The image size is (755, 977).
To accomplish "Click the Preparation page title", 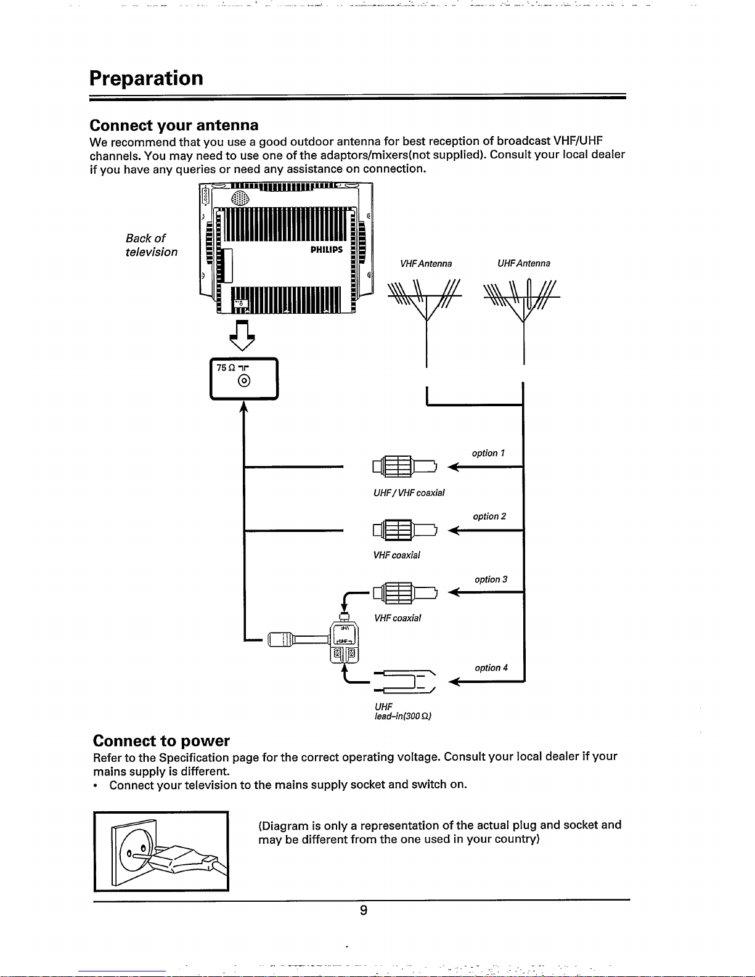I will pyautogui.click(x=146, y=78).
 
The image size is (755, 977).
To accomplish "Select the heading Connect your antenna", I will pyautogui.click(x=174, y=125).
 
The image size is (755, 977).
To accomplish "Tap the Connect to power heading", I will pyautogui.click(x=161, y=740).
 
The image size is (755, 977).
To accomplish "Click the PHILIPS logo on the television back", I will pyautogui.click(x=326, y=250).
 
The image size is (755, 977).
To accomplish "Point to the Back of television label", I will pyautogui.click(x=151, y=245).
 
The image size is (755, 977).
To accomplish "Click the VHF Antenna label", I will pyautogui.click(x=426, y=264).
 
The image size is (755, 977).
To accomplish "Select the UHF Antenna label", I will pyautogui.click(x=523, y=264).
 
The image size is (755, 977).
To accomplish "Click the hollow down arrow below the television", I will pyautogui.click(x=242, y=337).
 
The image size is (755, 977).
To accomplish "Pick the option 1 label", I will pyautogui.click(x=488, y=453).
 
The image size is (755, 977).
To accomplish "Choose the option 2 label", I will pyautogui.click(x=489, y=517).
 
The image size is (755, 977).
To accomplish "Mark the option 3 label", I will pyautogui.click(x=491, y=579).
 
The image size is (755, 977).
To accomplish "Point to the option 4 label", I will pyautogui.click(x=491, y=668).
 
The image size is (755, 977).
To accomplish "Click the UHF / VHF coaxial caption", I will pyautogui.click(x=409, y=493).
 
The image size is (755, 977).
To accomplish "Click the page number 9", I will pyautogui.click(x=364, y=910).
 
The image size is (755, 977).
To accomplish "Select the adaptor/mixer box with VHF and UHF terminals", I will pyautogui.click(x=344, y=642).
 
